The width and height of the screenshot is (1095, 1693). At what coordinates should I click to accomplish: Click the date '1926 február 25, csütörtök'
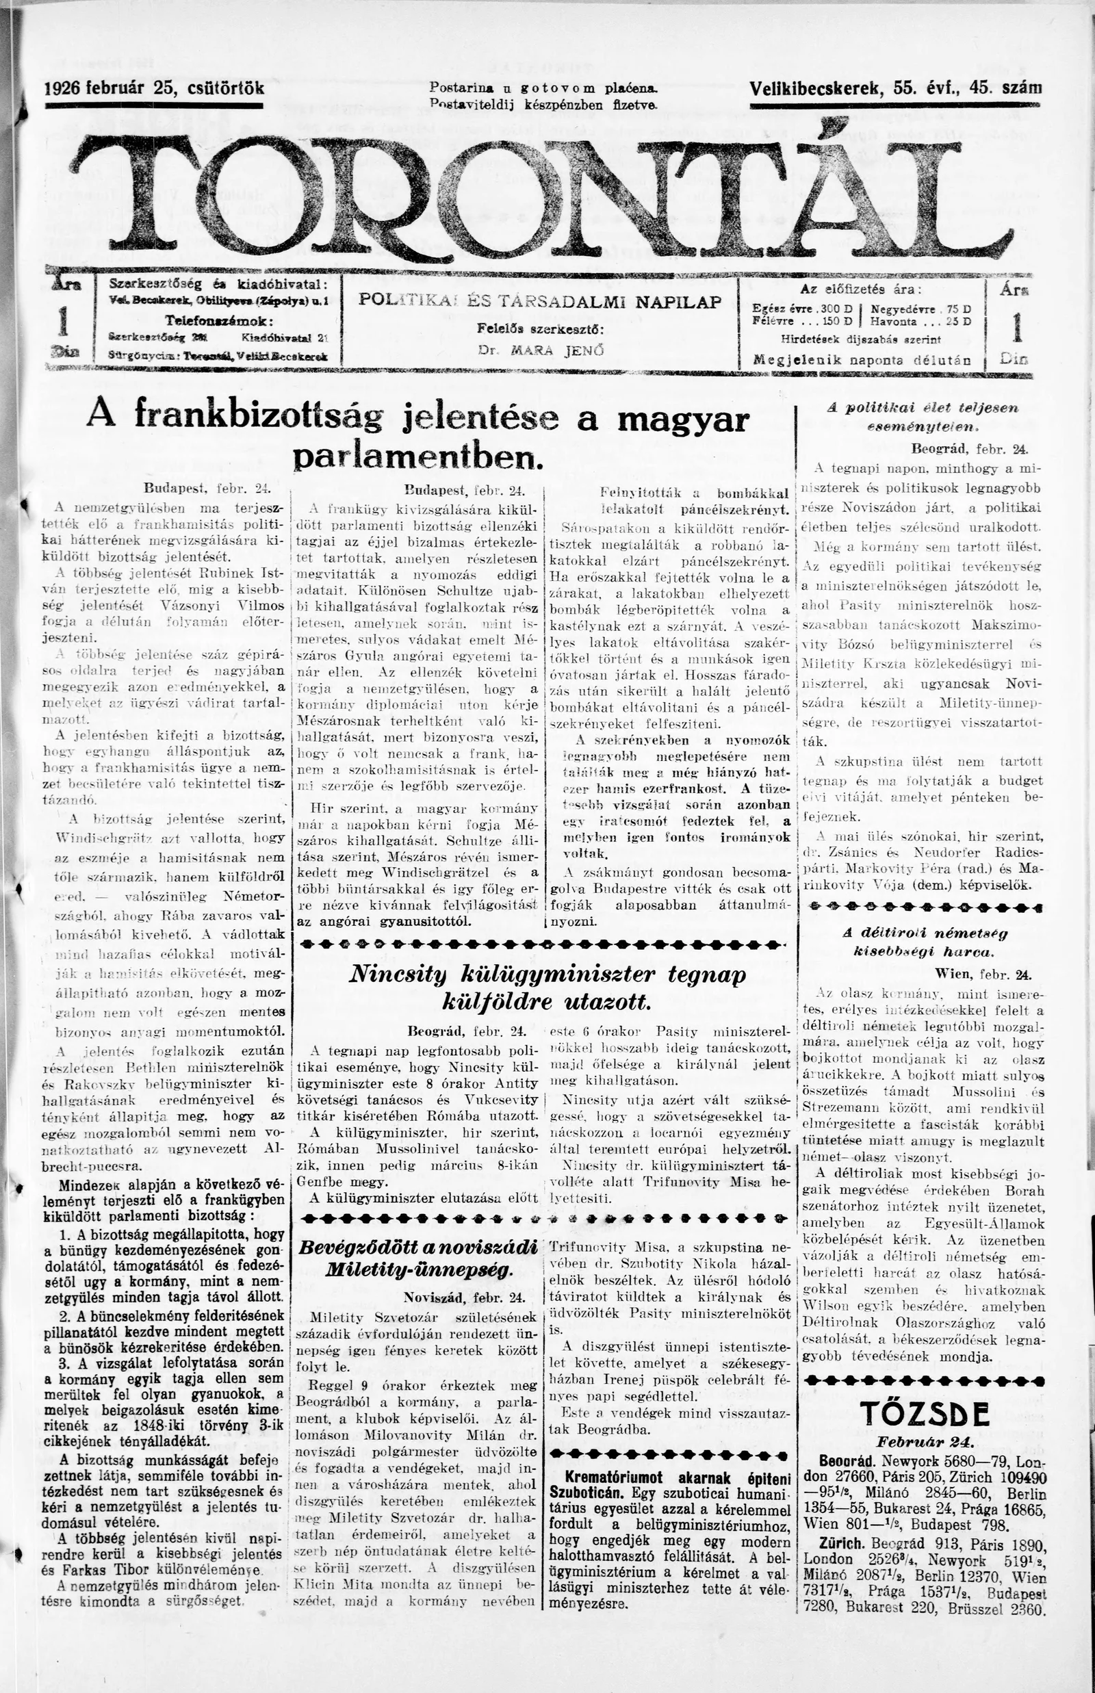click(x=154, y=88)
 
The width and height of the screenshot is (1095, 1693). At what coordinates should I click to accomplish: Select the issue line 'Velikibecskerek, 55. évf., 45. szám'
click(x=895, y=88)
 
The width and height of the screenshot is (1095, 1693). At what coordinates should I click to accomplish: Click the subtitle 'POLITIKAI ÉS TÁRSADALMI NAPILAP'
click(x=540, y=301)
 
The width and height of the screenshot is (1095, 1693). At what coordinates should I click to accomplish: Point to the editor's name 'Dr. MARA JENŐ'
click(x=541, y=350)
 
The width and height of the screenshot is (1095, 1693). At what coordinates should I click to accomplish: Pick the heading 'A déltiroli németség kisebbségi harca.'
click(x=925, y=942)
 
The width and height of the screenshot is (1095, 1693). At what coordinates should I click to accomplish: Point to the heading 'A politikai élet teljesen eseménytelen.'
click(x=923, y=417)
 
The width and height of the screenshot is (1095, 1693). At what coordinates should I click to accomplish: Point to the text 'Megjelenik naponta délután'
click(x=862, y=360)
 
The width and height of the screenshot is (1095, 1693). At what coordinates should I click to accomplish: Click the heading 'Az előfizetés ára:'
click(x=860, y=289)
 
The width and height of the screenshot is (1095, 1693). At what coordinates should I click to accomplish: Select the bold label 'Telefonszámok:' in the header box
click(x=216, y=320)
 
